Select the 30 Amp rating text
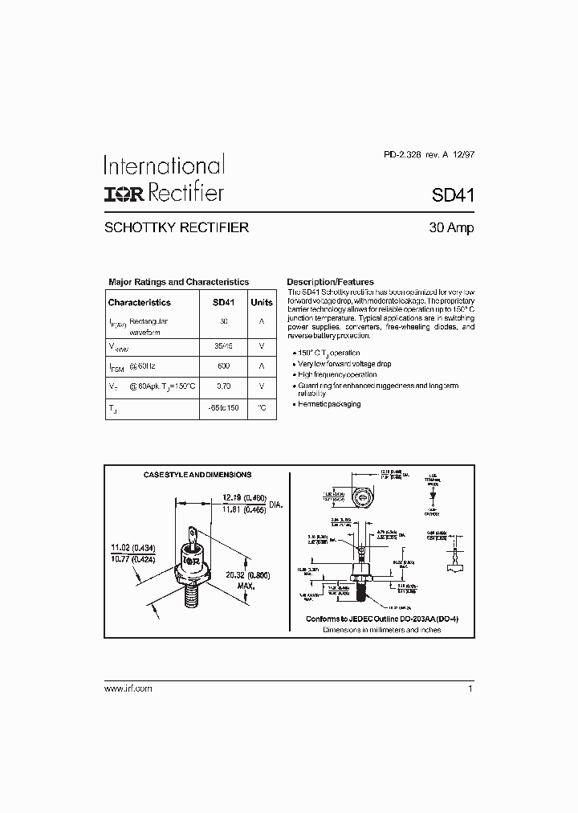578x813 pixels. click(x=451, y=227)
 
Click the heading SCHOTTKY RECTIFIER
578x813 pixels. click(x=177, y=227)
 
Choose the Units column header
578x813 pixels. click(x=262, y=303)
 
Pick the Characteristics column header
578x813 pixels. click(x=140, y=303)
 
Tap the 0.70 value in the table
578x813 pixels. click(x=223, y=386)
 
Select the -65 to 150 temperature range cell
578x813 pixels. click(x=223, y=408)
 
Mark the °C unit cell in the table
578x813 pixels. click(x=262, y=408)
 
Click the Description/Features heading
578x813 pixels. click(x=330, y=282)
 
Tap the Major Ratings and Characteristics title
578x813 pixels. click(x=178, y=282)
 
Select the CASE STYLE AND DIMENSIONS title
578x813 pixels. click(x=197, y=475)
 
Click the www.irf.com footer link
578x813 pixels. click(x=128, y=689)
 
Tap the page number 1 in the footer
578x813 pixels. click(x=470, y=689)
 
